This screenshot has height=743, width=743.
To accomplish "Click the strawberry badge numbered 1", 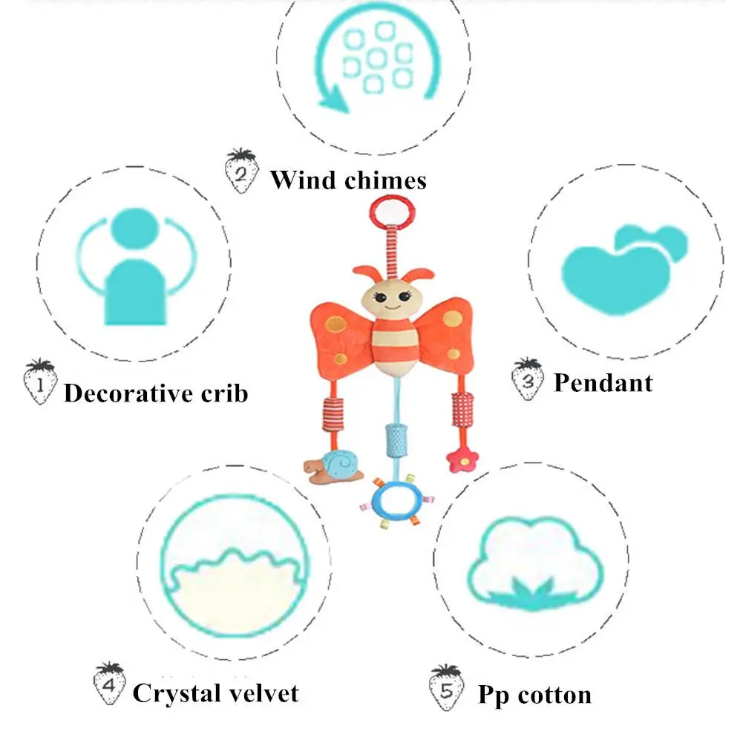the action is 40,382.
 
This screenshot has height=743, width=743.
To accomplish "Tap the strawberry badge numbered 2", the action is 242,171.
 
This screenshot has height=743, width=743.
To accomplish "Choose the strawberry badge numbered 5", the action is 446,687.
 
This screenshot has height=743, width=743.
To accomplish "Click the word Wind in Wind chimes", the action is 304,180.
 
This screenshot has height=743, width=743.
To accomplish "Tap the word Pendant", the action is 603,382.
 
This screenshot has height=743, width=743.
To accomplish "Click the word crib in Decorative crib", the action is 224,393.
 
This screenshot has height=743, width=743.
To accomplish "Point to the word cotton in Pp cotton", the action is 554,695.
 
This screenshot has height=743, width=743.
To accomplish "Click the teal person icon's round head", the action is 134,228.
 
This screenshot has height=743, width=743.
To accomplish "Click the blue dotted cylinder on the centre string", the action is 396,440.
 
